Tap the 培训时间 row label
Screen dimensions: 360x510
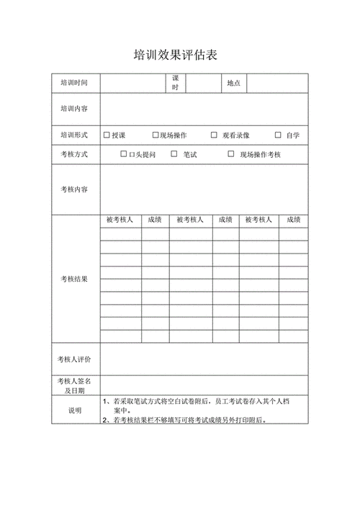coord(74,84)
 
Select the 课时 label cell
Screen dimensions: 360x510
coord(175,83)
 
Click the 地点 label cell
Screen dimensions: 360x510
coord(234,84)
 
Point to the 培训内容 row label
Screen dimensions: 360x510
coord(74,109)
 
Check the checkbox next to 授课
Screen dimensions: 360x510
coord(107,135)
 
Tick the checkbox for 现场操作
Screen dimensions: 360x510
coord(156,135)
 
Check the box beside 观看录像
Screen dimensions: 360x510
coord(214,135)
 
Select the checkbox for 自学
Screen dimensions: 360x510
coord(278,135)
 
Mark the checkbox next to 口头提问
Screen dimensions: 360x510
coord(124,154)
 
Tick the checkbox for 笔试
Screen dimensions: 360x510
coord(174,154)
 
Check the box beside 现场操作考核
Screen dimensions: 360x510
coord(231,154)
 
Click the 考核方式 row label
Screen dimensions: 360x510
coord(74,154)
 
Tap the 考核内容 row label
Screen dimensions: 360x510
coord(74,189)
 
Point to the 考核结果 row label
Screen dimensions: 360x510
coord(74,279)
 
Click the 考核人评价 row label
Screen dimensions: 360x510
coord(75,359)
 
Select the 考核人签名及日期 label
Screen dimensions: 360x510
coord(75,385)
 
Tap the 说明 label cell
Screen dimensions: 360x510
coord(75,410)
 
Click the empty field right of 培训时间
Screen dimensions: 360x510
coord(132,84)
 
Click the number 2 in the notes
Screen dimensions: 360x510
coord(105,420)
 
